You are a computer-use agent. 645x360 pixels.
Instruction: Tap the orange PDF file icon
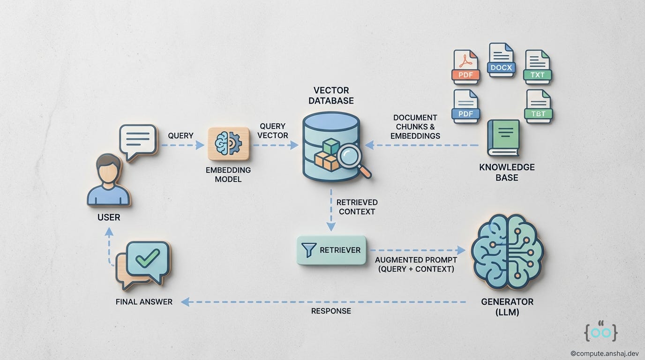point(466,67)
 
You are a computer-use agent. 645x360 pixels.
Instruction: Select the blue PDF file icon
point(466,106)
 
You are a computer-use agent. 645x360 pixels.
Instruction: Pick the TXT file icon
point(537,67)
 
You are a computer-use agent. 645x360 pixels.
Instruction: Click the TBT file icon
point(538,106)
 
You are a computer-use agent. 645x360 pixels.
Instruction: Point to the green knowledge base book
point(503,138)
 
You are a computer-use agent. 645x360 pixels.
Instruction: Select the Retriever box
point(331,250)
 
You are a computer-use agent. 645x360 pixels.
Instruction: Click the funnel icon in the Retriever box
point(309,250)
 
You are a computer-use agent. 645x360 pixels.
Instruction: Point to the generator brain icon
point(507,251)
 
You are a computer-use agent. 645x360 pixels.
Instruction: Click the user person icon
point(108,180)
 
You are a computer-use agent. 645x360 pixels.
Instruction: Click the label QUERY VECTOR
point(272,131)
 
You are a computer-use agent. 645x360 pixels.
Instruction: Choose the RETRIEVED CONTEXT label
point(357,207)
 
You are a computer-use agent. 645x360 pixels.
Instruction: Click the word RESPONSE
point(331,311)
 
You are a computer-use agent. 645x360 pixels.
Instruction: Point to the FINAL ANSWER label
point(144,302)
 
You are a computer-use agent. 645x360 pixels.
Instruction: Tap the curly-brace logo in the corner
point(600,331)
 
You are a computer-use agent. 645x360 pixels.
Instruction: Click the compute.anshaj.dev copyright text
point(605,354)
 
